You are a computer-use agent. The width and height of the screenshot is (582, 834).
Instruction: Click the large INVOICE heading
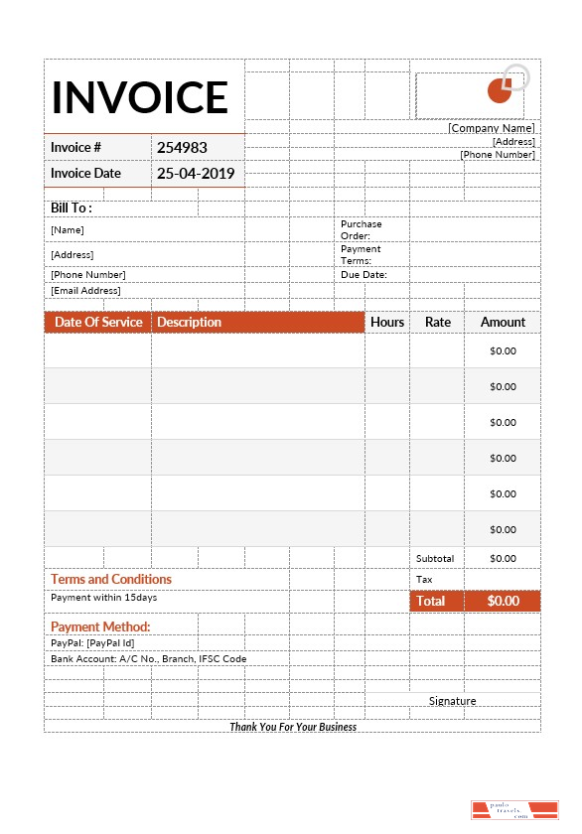tap(140, 97)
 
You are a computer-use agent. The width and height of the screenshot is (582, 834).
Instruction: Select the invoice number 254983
tap(182, 147)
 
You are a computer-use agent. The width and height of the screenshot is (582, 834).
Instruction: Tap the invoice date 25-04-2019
tap(196, 173)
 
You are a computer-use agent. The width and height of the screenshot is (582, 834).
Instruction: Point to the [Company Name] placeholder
tap(491, 128)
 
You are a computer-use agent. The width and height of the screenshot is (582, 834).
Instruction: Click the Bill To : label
tap(72, 208)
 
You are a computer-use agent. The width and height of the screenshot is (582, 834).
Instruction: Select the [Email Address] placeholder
tap(85, 291)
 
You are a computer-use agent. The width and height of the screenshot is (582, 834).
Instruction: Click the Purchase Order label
tap(361, 229)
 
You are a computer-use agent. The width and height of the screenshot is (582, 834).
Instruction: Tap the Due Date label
tap(364, 275)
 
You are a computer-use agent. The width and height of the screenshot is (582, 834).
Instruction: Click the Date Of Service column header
tap(98, 322)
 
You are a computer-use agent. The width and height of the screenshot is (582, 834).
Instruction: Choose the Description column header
tap(189, 322)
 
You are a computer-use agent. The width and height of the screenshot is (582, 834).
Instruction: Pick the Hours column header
tap(387, 322)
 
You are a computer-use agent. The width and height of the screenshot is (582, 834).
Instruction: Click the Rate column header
tap(437, 322)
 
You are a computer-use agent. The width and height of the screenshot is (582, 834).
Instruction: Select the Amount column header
tap(503, 322)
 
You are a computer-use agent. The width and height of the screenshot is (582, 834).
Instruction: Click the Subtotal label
tap(435, 559)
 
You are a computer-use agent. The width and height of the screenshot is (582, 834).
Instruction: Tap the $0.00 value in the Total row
tap(503, 601)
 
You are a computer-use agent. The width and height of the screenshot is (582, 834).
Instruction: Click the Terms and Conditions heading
tap(111, 579)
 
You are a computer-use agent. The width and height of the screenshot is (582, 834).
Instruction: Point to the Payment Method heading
tap(100, 626)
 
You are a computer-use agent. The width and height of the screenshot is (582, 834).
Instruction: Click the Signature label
tap(452, 701)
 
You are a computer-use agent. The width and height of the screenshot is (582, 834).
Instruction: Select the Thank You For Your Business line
tap(293, 727)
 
